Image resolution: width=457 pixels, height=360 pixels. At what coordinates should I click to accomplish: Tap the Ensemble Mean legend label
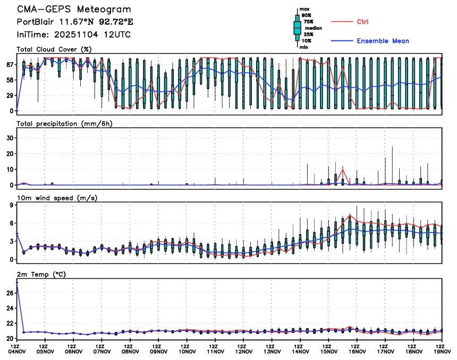(383, 41)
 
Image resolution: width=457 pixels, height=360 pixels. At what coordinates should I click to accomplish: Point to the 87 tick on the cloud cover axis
(9, 64)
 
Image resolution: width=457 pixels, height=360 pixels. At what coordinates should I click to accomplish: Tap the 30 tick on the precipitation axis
(9, 137)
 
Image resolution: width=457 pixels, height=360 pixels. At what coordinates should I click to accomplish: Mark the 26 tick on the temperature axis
(9, 293)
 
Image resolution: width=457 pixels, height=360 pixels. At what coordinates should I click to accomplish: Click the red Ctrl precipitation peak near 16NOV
(343, 168)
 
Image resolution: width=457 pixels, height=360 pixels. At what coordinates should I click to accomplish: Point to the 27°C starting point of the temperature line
(17, 282)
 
